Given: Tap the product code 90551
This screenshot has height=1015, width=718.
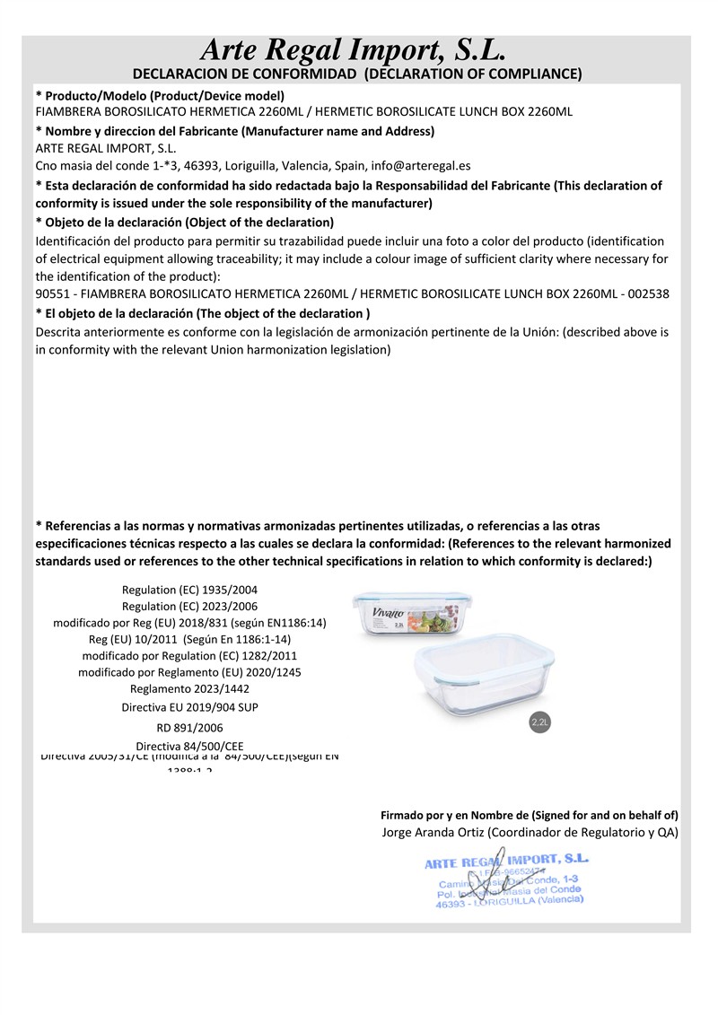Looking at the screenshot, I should point(53,294).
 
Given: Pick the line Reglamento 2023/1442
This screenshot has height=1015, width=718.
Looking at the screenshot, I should point(189,689).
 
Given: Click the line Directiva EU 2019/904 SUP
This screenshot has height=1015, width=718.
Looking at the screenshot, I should point(189,707).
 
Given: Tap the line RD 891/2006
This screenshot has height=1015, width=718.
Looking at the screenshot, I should point(189,728).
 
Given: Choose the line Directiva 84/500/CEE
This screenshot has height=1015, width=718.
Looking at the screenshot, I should point(189,747).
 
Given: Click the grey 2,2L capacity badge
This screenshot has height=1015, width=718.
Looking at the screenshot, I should point(540,722).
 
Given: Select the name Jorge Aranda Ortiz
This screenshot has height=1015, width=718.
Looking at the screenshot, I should point(425,833).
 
